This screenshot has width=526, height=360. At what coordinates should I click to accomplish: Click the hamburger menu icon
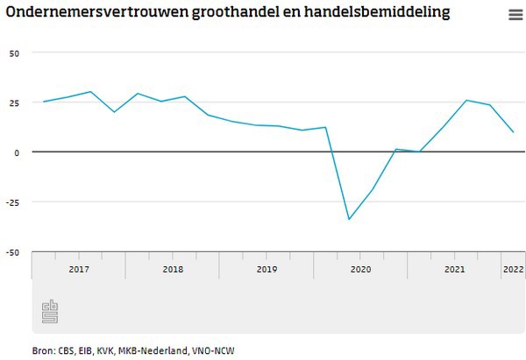[x=515, y=15]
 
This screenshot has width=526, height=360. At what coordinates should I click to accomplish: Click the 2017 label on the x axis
[x=79, y=268]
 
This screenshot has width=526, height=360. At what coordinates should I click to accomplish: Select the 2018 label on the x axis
[x=173, y=268]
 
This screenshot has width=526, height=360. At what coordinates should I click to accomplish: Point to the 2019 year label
[x=267, y=268]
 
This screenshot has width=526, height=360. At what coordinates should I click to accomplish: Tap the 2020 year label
[x=360, y=268]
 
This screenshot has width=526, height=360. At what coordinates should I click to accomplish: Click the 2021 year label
[x=454, y=268]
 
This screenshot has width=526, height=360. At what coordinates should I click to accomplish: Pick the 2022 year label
[x=512, y=268]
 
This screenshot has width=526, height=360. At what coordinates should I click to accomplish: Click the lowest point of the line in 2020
[x=349, y=219]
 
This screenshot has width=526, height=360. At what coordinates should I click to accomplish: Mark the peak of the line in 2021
[x=466, y=101]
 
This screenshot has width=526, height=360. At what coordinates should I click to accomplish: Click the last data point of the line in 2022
[x=513, y=132]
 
